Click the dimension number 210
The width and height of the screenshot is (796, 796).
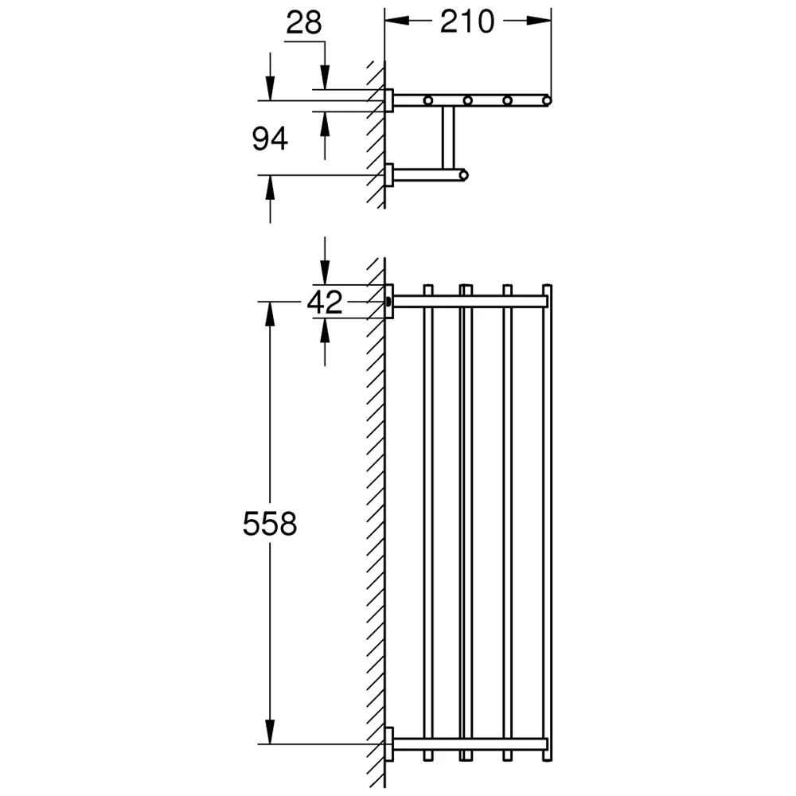coord(466,22)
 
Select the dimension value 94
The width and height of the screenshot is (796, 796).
coord(269,139)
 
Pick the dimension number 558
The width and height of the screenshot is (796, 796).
coord(269,524)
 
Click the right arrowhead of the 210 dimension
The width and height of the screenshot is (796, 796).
coord(540,22)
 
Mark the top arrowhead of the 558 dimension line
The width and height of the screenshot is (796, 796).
coord(270,314)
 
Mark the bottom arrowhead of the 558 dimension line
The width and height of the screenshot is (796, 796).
coord(270,733)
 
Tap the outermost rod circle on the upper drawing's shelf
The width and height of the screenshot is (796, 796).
coord(546,100)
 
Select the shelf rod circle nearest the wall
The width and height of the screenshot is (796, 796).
coord(429,100)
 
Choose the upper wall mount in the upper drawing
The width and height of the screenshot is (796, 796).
coord(389,100)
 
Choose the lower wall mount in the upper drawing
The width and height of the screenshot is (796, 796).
coord(389,174)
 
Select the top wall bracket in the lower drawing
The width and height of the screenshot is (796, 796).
coord(389,302)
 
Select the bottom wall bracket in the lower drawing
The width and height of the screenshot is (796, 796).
coord(389,745)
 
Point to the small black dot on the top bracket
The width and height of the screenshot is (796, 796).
coord(388,302)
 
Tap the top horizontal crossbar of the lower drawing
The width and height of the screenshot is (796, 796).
coord(470,302)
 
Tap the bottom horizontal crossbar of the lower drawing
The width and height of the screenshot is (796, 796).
coord(470,745)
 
